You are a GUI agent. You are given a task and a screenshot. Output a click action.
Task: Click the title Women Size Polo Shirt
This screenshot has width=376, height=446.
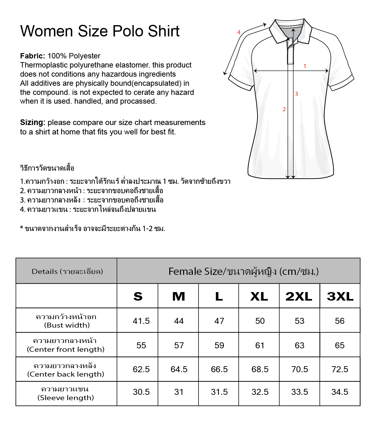(100, 31)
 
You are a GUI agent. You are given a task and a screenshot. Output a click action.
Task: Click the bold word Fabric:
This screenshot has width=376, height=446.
(33, 56)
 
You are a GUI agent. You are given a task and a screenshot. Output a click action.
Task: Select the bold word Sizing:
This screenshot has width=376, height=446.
(33, 122)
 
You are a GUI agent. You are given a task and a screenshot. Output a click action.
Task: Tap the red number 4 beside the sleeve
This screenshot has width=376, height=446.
(239, 32)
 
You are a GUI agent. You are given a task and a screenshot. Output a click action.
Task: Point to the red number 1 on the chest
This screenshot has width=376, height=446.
(305, 66)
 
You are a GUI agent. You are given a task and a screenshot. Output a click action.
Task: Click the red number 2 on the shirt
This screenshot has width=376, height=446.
(284, 109)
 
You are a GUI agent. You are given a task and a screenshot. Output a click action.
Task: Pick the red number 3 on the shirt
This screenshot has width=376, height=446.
(296, 94)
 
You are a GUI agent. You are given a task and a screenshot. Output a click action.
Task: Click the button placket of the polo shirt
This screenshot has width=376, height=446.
(290, 52)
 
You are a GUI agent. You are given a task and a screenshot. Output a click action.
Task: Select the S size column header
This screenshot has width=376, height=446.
(138, 296)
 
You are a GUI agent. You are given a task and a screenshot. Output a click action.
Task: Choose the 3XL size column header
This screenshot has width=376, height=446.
(340, 296)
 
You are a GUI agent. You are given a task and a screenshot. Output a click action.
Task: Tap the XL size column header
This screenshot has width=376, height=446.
(259, 296)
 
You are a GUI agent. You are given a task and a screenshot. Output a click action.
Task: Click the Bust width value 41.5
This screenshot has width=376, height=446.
(141, 321)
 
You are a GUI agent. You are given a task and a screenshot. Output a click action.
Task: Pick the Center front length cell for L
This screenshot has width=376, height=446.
(219, 345)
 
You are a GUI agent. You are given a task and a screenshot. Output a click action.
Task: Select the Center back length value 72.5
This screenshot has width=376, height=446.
(340, 369)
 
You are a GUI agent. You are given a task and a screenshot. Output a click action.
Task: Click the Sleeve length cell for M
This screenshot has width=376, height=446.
(179, 392)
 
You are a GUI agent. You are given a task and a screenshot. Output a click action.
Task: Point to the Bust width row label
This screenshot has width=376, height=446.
(66, 321)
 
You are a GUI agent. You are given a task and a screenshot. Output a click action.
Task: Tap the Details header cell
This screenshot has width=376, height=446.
(67, 271)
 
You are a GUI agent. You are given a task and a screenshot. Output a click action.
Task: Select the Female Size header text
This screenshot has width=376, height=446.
(243, 271)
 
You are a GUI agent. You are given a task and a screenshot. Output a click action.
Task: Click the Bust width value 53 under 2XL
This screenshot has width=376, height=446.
(299, 321)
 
